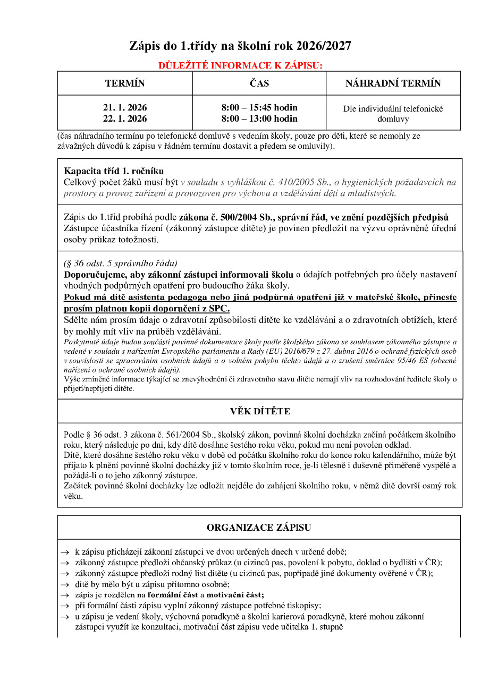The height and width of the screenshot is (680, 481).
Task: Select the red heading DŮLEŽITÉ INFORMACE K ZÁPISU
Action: (x=240, y=66)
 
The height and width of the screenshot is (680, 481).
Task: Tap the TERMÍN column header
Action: (x=125, y=83)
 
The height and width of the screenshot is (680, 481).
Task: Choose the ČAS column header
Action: (x=259, y=83)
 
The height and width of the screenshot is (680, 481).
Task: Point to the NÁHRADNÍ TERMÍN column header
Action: (x=393, y=83)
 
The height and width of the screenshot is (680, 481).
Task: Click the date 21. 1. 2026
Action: (x=125, y=108)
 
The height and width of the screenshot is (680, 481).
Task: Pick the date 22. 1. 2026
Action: (x=125, y=118)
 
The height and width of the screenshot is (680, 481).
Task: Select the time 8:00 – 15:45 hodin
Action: (x=259, y=108)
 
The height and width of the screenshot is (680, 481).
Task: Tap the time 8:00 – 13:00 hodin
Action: (x=259, y=118)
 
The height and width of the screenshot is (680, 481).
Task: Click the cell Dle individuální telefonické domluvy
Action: (x=393, y=114)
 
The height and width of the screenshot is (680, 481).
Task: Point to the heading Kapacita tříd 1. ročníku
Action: (x=114, y=171)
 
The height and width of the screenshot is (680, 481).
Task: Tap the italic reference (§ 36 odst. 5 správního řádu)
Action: (x=121, y=263)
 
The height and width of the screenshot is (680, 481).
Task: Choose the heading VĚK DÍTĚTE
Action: (x=260, y=412)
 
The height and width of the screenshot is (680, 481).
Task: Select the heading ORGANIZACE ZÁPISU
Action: (x=259, y=528)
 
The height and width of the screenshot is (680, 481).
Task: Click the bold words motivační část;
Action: (x=235, y=594)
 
